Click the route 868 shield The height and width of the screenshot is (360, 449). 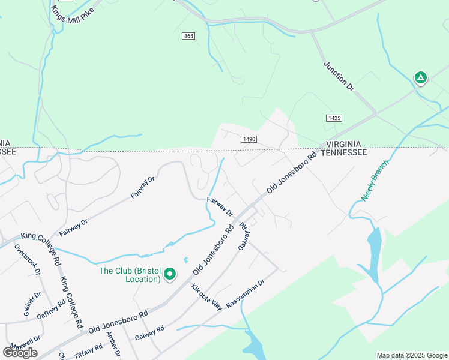[x=188, y=37]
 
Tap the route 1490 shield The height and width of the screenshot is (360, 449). [x=250, y=139]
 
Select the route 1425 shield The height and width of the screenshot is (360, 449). [x=334, y=118]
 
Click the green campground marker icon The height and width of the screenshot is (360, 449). [x=421, y=77]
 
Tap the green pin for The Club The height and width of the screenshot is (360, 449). [x=170, y=274]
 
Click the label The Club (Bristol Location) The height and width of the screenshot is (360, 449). [x=130, y=275]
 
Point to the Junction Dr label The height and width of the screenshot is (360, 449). [x=339, y=76]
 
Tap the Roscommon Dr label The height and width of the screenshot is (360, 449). [x=244, y=294]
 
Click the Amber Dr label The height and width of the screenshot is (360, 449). [x=113, y=345]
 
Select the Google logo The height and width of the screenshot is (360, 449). [x=20, y=352]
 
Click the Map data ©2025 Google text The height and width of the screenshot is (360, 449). [x=412, y=355]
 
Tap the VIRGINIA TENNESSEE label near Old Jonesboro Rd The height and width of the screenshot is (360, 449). [x=343, y=149]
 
